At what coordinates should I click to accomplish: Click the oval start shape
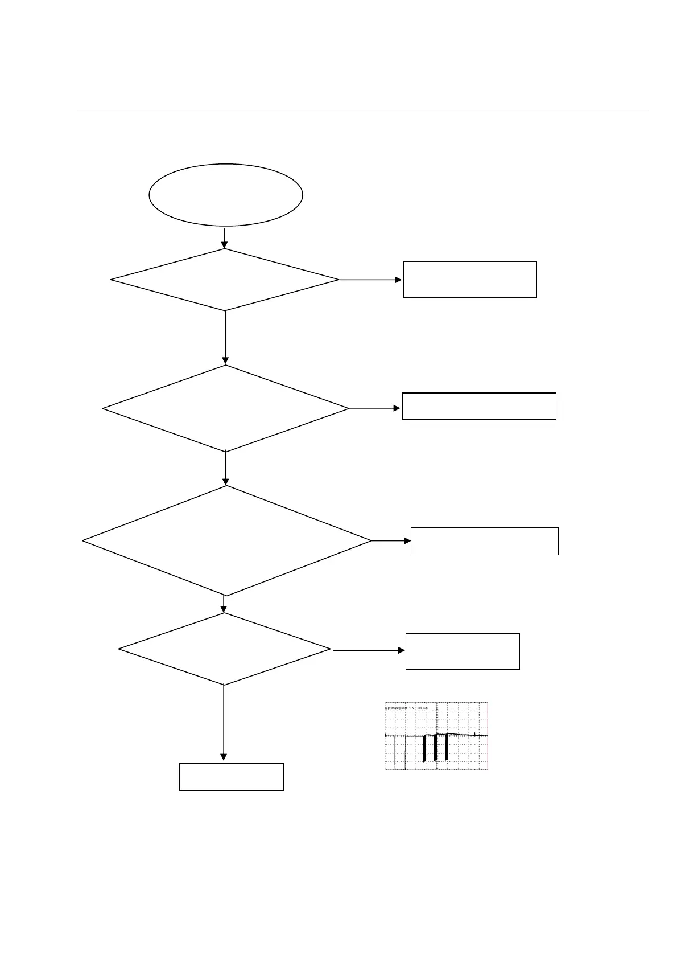pos(225,195)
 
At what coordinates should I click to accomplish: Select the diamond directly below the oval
pos(225,280)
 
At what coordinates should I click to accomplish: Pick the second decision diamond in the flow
pos(225,408)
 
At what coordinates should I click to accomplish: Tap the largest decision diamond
pos(226,540)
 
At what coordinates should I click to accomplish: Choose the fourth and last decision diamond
pos(224,649)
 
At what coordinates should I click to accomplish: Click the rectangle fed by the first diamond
pos(469,280)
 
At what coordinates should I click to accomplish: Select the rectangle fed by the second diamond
pos(478,406)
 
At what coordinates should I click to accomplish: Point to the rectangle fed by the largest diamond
pos(484,541)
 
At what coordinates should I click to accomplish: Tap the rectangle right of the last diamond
pos(462,651)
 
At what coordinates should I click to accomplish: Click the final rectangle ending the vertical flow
pos(232,777)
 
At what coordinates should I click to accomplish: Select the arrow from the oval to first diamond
pos(225,238)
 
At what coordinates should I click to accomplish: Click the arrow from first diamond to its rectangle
pos(370,280)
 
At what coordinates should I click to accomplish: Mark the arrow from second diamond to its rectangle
pos(375,408)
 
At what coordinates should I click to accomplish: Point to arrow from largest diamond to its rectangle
pos(391,540)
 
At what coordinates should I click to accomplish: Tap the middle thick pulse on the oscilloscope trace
pos(435,747)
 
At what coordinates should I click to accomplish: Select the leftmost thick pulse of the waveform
pos(424,748)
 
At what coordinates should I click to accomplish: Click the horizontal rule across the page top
pos(362,110)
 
